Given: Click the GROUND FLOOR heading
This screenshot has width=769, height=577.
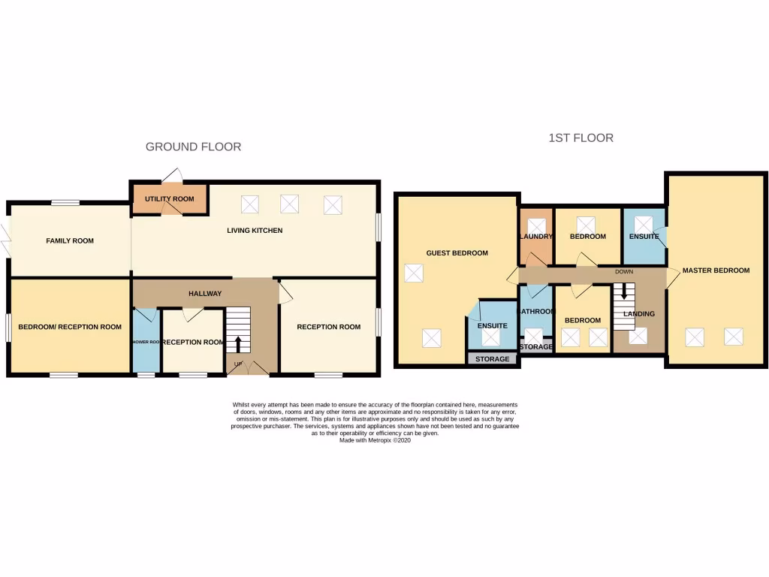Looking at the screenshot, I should tap(193, 147).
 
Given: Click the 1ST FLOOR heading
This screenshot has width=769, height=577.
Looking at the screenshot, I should tap(581, 137).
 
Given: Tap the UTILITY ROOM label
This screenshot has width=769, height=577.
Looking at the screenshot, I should tap(170, 199).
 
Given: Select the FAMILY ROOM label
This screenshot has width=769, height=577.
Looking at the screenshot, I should tap(70, 241).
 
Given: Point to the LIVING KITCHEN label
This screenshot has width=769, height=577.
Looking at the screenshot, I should tap(255, 231).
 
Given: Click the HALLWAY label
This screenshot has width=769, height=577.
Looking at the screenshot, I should tap(205, 294).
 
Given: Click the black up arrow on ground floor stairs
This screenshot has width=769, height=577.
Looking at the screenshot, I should tap(239, 344).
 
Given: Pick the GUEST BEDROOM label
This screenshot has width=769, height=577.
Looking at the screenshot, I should tap(457, 253).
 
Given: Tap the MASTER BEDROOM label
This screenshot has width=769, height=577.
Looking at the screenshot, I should tap(716, 270).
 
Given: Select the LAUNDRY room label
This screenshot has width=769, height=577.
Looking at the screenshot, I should tap(536, 237).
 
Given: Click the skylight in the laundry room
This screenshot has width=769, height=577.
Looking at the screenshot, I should tap(536, 225).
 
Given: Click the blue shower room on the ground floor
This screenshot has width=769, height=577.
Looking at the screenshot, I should tap(146, 342).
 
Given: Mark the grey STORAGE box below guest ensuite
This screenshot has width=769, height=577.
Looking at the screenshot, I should tap(493, 359).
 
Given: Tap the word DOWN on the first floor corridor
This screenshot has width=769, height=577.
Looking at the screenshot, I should tap(624, 271).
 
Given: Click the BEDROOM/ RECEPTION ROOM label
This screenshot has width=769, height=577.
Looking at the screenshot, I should tap(70, 327).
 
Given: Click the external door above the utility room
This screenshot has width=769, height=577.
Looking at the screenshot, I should tap(172, 176).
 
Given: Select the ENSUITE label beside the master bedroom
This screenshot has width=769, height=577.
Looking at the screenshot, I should tap(644, 237).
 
